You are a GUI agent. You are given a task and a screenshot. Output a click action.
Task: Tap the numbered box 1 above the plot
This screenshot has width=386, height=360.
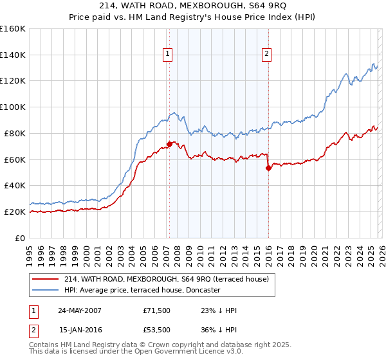point(167,55)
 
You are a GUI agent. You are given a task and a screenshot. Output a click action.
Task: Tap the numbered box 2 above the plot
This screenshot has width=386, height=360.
point(266,55)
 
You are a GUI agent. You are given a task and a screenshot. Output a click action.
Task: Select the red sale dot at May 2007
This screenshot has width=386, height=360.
point(169,144)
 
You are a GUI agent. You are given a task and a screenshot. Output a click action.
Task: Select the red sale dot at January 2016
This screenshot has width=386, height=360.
point(268,168)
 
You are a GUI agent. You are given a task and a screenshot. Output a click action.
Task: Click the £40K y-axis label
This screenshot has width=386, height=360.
point(15,185)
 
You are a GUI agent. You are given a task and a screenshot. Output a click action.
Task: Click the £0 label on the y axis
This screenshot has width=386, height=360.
point(20,238)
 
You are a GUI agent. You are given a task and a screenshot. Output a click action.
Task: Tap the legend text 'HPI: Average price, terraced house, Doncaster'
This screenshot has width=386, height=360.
point(142,290)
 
